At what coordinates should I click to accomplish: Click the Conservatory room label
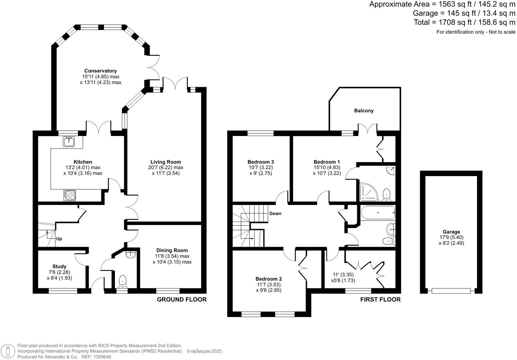pos(100,71)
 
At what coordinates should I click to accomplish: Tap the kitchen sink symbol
pos(69,141)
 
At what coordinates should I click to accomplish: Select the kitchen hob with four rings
pos(70,195)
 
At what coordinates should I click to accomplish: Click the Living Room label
pos(166,162)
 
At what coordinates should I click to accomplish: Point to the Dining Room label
pos(172,250)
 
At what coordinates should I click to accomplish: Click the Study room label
pos(59,266)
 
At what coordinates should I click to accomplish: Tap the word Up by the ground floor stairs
pos(59,239)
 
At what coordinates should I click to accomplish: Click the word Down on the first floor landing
pos(275,213)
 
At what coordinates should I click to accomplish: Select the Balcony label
pos(364,111)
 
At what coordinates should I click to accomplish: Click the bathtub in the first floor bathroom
pos(378,212)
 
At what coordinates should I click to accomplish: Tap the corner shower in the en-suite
pos(369,192)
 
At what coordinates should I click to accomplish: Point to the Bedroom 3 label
pos(260,162)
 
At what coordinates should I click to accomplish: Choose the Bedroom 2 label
pos(268,279)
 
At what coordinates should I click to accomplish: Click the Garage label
pos(451,232)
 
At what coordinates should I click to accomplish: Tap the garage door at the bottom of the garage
pos(451,291)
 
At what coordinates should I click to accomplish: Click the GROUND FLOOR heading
pos(182,299)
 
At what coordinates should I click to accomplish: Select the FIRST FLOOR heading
pos(380,299)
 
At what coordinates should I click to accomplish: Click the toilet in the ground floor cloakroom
pos(123,281)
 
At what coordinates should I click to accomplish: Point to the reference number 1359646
pos(102,357)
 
